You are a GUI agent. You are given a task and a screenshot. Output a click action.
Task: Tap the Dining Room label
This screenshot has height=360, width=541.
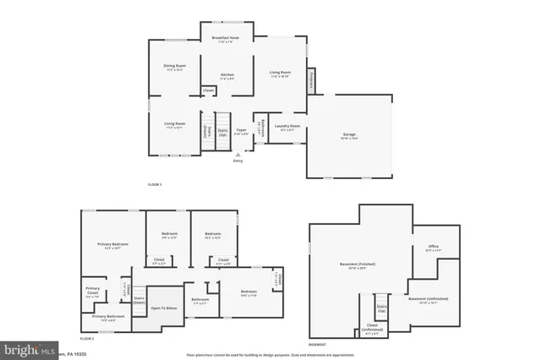coord(175,67)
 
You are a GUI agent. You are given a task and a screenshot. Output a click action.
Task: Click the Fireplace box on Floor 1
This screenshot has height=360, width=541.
coord(311,78)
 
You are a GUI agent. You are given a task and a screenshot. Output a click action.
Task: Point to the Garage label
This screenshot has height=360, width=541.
coord(349,135)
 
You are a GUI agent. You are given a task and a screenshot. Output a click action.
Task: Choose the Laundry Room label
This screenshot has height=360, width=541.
coord(287,127)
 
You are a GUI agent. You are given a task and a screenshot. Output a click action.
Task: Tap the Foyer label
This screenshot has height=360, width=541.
coord(242,131)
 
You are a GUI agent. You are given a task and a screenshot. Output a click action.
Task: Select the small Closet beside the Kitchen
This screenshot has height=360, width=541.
coord(208,90)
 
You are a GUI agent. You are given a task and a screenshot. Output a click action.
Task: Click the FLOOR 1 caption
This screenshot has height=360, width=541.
coord(154,184)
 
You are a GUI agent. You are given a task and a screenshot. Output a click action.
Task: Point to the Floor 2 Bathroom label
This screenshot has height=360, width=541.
coord(200,300)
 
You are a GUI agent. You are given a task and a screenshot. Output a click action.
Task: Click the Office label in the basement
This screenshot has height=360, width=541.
coord(432,248)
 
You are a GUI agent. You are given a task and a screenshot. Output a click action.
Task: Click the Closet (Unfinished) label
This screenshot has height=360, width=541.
coord(372,326)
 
